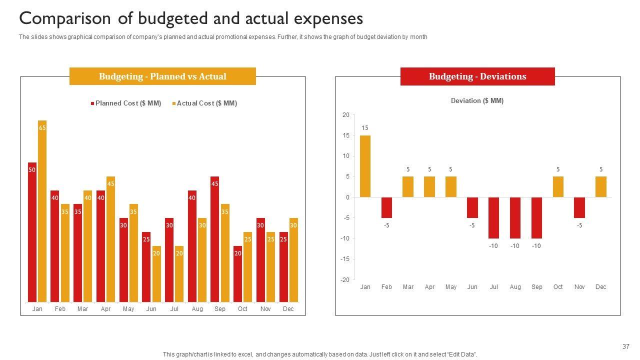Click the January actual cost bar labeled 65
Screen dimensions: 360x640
click(42, 211)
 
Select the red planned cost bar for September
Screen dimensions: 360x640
click(215, 239)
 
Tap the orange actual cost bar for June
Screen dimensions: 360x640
click(156, 274)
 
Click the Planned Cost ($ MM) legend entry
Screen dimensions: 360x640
click(125, 103)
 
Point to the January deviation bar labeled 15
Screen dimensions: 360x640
click(365, 166)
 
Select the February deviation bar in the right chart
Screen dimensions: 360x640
click(386, 207)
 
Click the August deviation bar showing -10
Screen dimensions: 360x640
click(515, 218)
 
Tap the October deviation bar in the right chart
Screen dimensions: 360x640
click(558, 187)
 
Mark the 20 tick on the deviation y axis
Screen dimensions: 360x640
click(346, 115)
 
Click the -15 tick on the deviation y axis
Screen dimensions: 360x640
click(345, 259)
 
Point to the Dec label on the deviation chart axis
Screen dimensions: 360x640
click(601, 287)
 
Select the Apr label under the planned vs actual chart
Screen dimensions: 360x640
click(105, 309)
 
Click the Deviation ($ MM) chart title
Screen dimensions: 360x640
click(477, 101)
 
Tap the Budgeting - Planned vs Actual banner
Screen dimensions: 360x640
click(162, 76)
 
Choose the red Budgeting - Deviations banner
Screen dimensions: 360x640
click(477, 76)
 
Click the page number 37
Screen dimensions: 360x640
click(626, 346)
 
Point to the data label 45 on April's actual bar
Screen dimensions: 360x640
click(111, 184)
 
